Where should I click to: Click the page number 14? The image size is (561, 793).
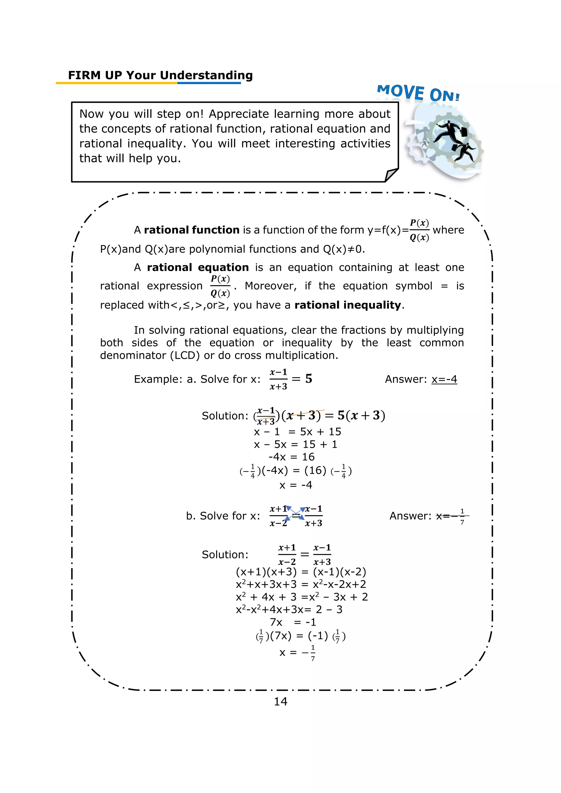click(x=280, y=702)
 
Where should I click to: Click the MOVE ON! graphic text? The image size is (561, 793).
click(x=418, y=93)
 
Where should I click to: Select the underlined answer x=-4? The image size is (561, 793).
click(x=444, y=379)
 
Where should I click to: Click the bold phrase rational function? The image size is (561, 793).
click(x=192, y=230)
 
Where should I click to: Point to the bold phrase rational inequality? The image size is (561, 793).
click(x=348, y=305)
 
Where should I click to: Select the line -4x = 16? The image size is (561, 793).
click(x=291, y=457)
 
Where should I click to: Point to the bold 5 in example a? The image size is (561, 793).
click(x=308, y=379)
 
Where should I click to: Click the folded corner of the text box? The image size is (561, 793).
click(x=392, y=175)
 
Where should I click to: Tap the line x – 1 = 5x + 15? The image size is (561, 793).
click(x=297, y=432)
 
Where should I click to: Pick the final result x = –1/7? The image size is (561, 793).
click(x=297, y=653)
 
